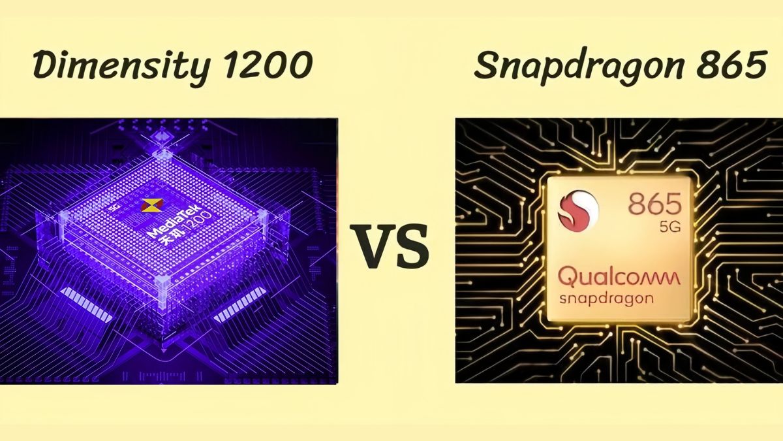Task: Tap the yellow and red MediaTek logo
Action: coord(151,205)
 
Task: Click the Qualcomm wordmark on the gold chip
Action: coord(619,277)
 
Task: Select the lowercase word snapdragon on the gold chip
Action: coord(607,298)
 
